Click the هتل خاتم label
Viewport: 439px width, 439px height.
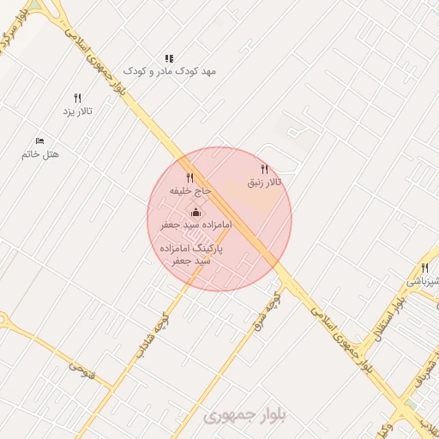pos(40,154)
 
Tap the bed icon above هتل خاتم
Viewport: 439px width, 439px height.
pos(39,140)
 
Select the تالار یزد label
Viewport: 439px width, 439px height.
pos(77,111)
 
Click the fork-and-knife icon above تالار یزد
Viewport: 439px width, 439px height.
pos(78,98)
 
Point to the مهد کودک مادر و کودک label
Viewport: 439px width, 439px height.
pos(170,71)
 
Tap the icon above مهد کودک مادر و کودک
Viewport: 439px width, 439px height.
pos(169,58)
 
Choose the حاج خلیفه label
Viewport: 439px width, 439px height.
pos(190,191)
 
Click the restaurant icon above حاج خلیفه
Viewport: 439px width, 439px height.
pos(190,177)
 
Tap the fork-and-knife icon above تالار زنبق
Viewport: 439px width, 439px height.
pos(264,169)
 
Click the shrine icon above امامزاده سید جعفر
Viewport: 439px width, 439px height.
pos(195,212)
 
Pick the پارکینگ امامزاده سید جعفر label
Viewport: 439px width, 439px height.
pos(191,253)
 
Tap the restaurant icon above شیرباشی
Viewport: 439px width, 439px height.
pos(424,268)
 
